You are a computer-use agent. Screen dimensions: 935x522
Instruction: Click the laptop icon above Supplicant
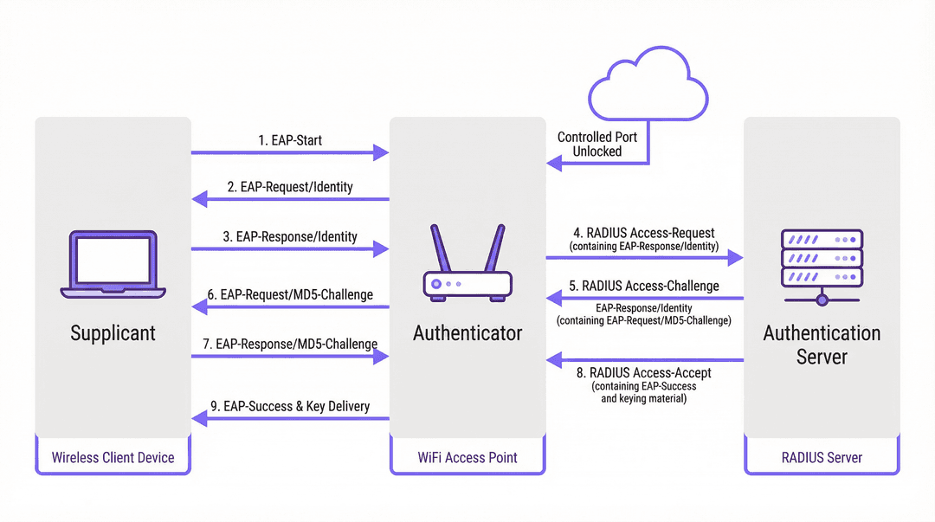tap(113, 264)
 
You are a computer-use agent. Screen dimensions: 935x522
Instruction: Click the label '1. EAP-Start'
tap(290, 140)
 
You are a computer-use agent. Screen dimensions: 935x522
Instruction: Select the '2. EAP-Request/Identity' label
tap(290, 187)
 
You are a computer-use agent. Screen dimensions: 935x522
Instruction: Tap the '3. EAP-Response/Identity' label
tap(290, 237)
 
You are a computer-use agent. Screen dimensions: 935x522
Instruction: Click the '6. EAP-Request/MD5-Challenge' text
tap(290, 294)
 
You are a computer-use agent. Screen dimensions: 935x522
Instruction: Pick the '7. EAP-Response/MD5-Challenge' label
tap(290, 345)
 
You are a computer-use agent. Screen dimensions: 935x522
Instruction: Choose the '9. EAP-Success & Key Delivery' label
tap(290, 406)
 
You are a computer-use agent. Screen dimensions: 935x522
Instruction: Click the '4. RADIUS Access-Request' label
tap(644, 233)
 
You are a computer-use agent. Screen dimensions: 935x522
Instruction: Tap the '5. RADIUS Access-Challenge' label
tap(644, 286)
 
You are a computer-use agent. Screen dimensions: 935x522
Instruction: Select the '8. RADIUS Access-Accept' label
tap(644, 373)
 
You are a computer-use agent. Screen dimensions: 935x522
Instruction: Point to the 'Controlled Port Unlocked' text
tap(596, 145)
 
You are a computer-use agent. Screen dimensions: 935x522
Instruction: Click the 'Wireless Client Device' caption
tap(113, 458)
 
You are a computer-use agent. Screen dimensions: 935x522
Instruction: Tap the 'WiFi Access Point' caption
tap(467, 458)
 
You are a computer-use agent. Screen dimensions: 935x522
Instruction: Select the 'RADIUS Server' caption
tap(822, 458)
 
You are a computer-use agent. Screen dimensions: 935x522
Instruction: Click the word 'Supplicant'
tap(113, 333)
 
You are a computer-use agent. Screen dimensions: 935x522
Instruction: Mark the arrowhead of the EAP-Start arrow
tap(382, 152)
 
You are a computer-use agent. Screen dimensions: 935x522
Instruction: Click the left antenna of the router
tap(440, 248)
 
